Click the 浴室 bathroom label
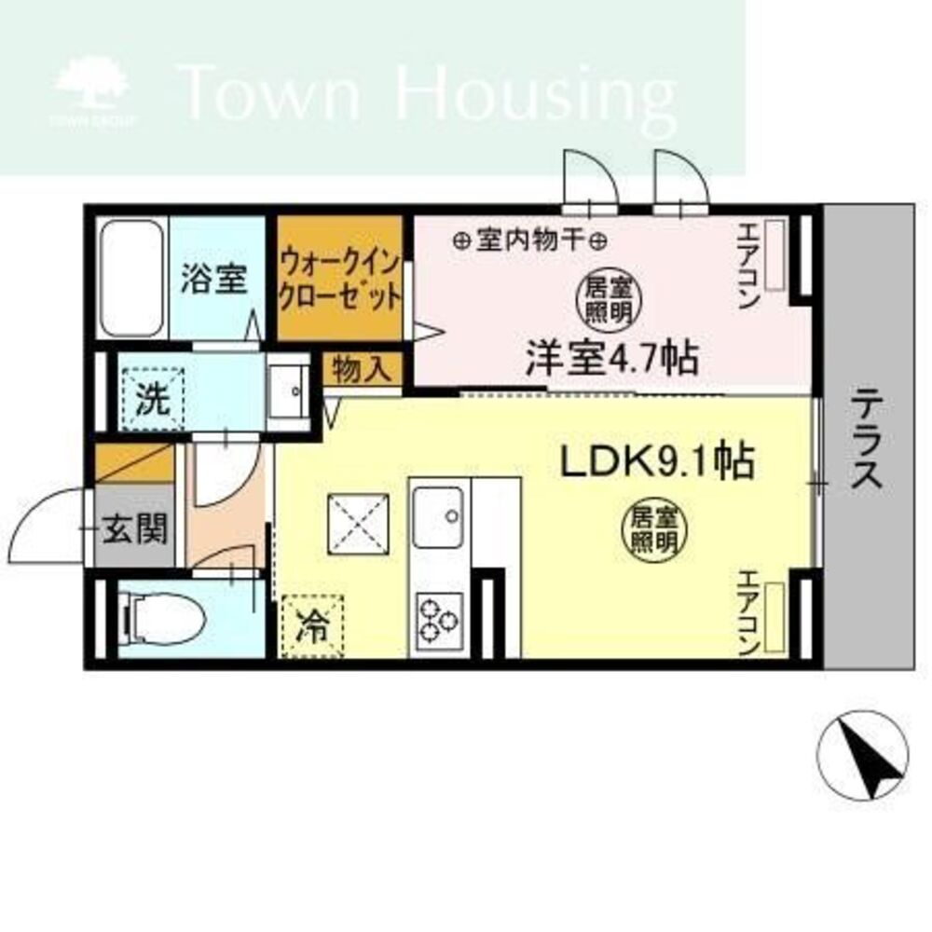tap(213, 278)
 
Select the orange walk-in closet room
tap(340, 280)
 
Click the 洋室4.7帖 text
tap(612, 359)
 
